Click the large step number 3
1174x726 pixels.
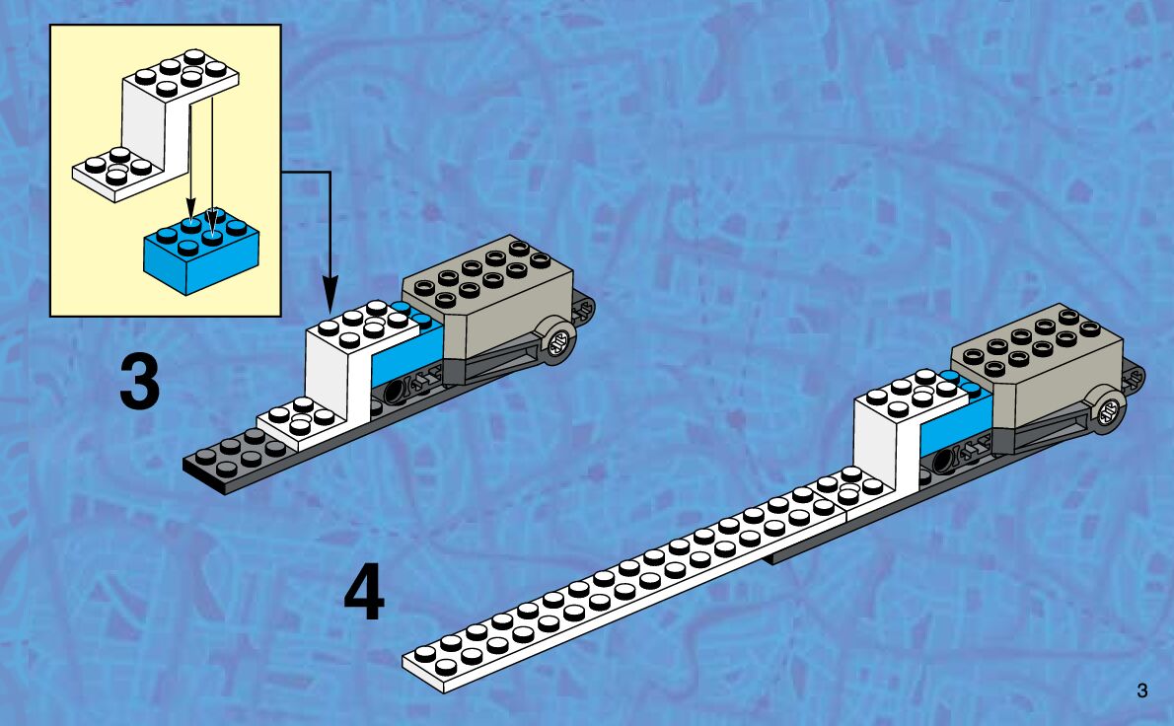click(139, 384)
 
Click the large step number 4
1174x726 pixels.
click(364, 596)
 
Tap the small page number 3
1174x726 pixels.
click(1142, 691)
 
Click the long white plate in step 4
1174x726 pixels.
click(631, 592)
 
